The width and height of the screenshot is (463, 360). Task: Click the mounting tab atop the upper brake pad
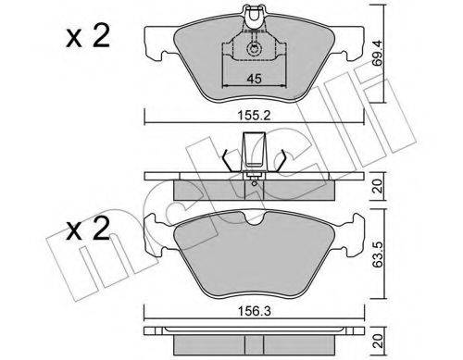tap(252, 13)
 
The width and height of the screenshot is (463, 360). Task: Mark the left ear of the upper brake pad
tap(158, 41)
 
